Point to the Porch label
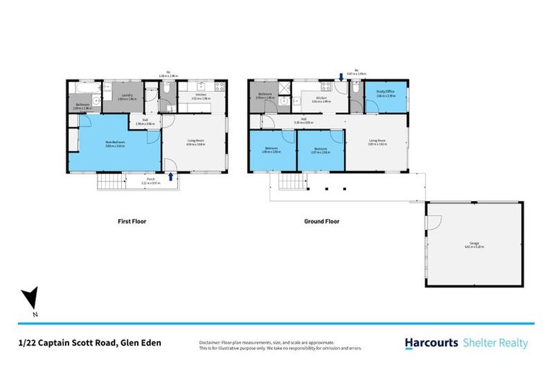[x=150, y=181]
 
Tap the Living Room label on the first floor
[x=196, y=143]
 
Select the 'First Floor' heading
[x=131, y=222]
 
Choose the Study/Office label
[x=384, y=95]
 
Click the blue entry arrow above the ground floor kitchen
[x=341, y=77]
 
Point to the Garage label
[x=474, y=244]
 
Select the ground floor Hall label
[x=304, y=119]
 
